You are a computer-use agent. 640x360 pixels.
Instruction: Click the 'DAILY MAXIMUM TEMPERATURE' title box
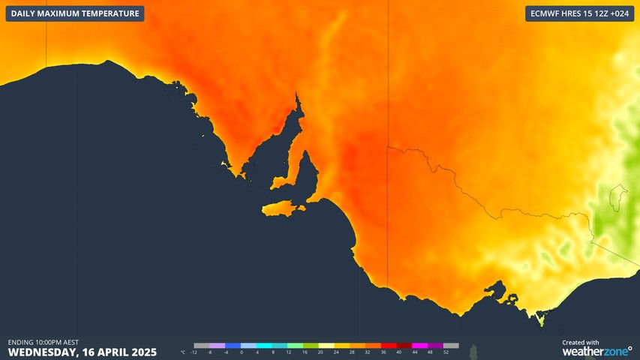click(x=75, y=13)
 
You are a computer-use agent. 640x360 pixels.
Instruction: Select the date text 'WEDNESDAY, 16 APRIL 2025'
click(x=83, y=351)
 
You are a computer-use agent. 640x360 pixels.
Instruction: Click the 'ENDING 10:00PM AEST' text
click(x=44, y=342)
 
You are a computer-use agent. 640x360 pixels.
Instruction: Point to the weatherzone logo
click(x=597, y=351)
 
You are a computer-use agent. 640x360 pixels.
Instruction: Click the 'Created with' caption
click(x=581, y=342)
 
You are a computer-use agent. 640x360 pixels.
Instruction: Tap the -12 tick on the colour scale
click(x=194, y=352)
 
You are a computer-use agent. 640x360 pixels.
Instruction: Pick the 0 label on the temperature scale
click(x=242, y=352)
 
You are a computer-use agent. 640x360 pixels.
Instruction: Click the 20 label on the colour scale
click(x=320, y=352)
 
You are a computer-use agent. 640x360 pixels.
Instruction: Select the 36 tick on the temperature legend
click(x=383, y=352)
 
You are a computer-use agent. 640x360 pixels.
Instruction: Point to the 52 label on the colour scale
click(x=446, y=352)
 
